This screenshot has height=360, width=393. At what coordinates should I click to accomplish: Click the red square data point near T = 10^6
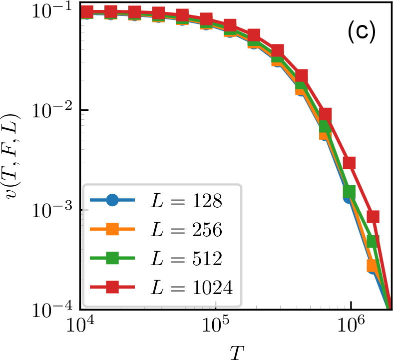(x=350, y=163)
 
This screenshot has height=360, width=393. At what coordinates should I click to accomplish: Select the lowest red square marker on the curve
(x=373, y=216)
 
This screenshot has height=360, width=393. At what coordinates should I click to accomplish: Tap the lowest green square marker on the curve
(x=372, y=242)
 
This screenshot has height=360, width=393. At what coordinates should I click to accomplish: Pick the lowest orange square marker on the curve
(x=372, y=265)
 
